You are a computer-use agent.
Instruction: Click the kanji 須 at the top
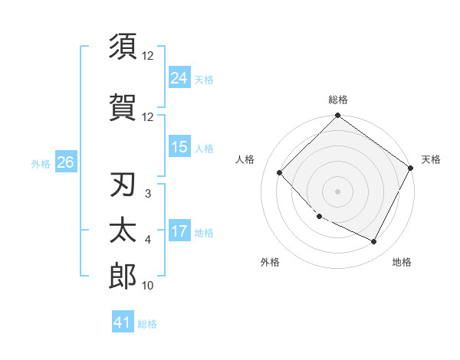point(123,47)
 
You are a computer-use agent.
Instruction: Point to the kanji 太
point(123,231)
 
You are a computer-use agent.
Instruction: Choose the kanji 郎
point(123,277)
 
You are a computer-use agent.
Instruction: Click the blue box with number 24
point(179,78)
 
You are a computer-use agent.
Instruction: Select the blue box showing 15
point(179,147)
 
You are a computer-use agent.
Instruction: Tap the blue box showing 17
point(179,231)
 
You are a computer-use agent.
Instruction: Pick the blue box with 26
point(65,162)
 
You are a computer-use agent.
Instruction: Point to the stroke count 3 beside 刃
point(147,194)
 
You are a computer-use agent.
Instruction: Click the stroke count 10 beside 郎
point(148,286)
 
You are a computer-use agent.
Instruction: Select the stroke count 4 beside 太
point(147,240)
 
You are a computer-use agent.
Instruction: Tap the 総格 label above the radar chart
point(337,100)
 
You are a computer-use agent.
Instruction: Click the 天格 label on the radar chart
point(432,159)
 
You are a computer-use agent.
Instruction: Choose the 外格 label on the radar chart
point(270,262)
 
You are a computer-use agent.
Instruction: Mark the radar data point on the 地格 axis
point(374,242)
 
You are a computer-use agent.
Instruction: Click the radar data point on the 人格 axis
point(280,172)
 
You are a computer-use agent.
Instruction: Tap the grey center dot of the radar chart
point(337,191)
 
